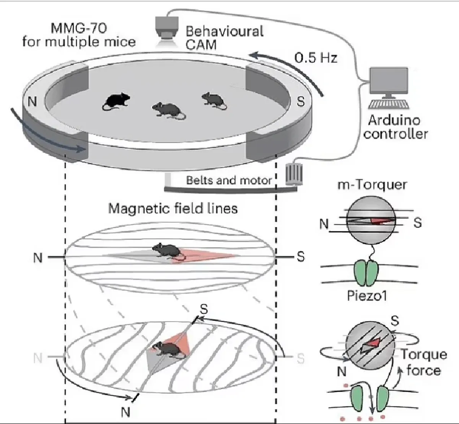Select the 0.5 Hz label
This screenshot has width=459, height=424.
pos(316,58)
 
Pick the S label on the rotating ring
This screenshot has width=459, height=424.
pos(301,102)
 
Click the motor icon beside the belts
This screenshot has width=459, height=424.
pos(294,175)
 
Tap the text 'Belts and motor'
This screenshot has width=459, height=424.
pos(229,180)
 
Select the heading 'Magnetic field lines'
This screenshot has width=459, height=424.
pos(173,209)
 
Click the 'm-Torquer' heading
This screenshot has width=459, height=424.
pos(372,185)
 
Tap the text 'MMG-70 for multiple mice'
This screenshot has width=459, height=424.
pos(79,35)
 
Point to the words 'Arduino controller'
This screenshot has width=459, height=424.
pos(395,127)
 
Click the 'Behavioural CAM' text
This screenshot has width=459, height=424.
pos(224,38)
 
